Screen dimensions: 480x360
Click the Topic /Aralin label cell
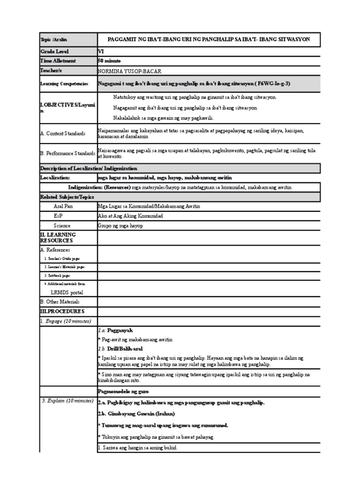[x=53, y=40]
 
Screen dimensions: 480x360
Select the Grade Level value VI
[x=101, y=52]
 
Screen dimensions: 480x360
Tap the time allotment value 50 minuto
[x=110, y=61]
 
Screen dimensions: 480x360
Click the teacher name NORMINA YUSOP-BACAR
[x=129, y=71]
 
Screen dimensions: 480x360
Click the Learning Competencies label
[x=65, y=83]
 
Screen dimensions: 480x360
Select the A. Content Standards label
[x=63, y=134]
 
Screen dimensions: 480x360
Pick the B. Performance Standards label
[x=67, y=153]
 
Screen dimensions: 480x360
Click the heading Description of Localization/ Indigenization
[x=89, y=168]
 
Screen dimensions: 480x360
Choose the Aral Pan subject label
[x=63, y=206]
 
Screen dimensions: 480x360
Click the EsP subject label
[x=59, y=216]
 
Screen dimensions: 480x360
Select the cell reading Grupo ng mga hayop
[x=120, y=225]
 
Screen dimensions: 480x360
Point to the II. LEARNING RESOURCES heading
[x=58, y=237]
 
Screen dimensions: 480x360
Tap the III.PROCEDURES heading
[x=62, y=311]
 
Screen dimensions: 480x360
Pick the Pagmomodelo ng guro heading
[x=123, y=390]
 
